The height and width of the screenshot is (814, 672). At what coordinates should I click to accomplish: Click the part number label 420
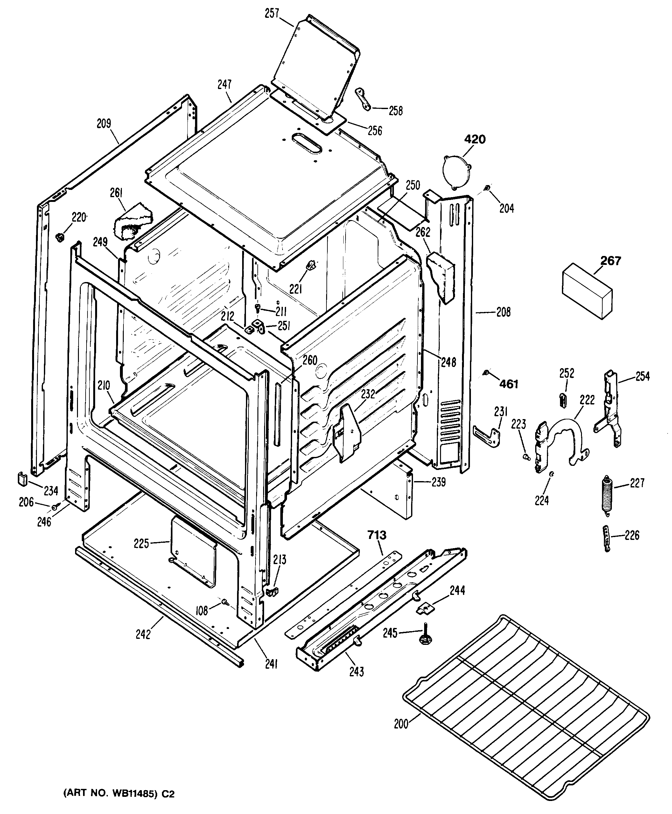click(x=475, y=139)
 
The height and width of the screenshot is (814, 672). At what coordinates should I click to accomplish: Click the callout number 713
click(x=377, y=535)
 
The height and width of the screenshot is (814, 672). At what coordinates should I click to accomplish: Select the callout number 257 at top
click(x=272, y=14)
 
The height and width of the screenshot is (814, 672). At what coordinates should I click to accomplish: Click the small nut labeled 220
click(x=60, y=237)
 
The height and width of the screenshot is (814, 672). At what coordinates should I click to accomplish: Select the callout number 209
click(x=103, y=123)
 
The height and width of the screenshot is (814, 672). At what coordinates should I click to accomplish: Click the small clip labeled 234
click(x=22, y=478)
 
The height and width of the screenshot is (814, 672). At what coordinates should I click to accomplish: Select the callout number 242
click(x=143, y=634)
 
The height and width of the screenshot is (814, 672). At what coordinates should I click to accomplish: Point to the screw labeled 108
click(x=225, y=602)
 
